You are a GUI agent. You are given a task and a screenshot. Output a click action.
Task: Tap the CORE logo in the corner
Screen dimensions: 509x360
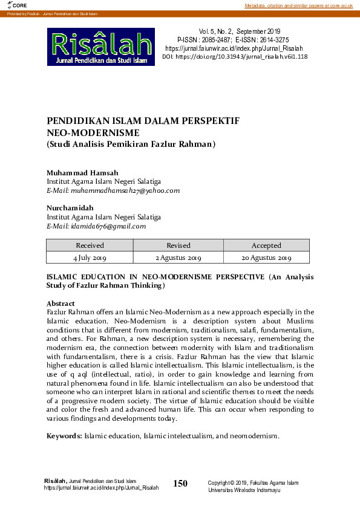10,5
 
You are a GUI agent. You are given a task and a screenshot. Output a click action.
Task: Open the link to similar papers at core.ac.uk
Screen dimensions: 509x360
298,5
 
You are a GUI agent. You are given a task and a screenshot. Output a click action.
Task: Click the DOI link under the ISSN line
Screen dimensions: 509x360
235,56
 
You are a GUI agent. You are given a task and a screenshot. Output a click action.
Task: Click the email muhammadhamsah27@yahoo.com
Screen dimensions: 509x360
113,190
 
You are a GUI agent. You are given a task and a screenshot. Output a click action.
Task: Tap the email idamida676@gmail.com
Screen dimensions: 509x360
96,226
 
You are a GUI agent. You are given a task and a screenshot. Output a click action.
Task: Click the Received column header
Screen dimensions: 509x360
90,245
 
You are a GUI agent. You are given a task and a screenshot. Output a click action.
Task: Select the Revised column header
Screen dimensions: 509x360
178,245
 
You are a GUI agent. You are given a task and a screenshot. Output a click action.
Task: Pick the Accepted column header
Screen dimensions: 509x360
266,245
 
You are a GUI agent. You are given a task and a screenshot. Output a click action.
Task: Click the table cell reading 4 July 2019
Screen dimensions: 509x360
90,258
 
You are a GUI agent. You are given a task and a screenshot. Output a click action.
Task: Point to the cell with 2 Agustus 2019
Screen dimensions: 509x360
178,258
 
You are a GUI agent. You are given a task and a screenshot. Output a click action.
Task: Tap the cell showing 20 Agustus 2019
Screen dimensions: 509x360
266,258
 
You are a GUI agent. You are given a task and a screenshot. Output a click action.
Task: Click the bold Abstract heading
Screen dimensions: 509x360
61,303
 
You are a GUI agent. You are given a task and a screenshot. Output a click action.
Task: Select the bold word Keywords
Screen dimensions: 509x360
64,436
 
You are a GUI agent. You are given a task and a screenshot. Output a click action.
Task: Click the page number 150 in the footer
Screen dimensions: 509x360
180,483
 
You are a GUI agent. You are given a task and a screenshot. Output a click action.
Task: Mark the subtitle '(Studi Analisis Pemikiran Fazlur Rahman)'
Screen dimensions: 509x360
131,144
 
